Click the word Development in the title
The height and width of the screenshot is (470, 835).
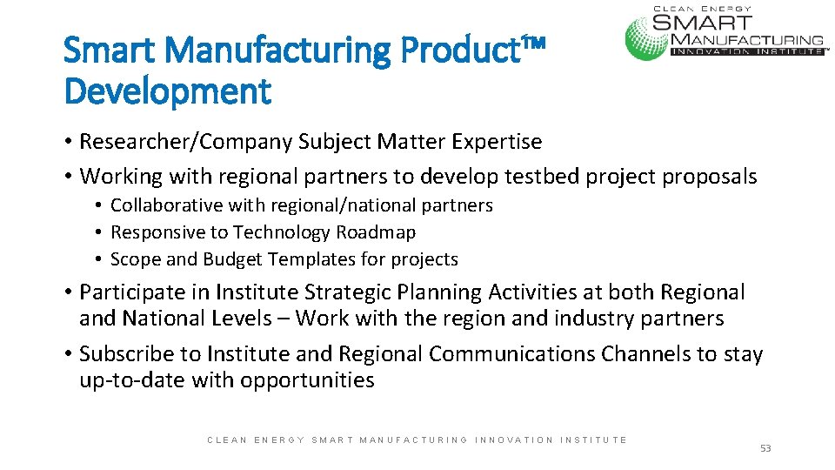pos(168,90)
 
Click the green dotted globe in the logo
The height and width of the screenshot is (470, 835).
pos(647,36)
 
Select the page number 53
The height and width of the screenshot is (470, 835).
pos(765,448)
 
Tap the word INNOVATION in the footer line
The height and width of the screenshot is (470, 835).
pos(514,440)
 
